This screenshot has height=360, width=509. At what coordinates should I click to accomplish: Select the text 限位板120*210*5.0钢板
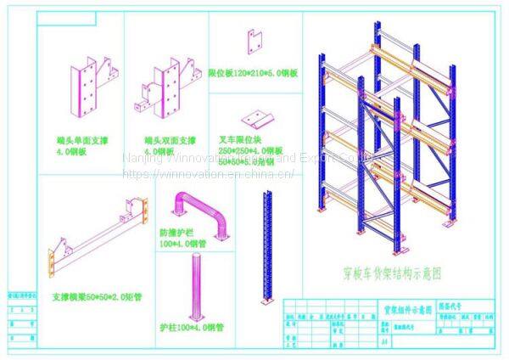tap(253, 74)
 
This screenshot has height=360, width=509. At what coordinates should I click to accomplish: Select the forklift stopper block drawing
tap(255, 116)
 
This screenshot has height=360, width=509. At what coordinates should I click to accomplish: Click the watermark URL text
tap(208, 173)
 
